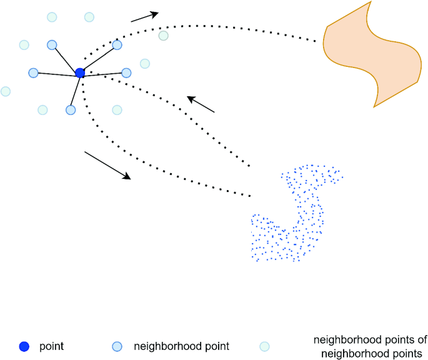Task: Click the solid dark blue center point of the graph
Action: (x=80, y=73)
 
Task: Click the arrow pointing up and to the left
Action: (x=201, y=104)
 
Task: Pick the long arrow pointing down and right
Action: (x=107, y=165)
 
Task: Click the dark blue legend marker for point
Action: (x=24, y=346)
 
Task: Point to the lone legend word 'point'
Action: (x=51, y=346)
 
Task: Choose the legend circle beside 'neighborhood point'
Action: (x=116, y=346)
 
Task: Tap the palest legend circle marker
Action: (x=264, y=346)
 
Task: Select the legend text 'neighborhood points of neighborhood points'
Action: (x=370, y=346)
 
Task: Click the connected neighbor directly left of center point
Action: (x=34, y=72)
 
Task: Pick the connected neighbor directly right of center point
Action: (x=126, y=72)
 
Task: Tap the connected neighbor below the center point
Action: (x=71, y=110)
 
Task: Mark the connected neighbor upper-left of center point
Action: (x=52, y=45)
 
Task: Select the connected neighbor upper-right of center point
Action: (x=117, y=45)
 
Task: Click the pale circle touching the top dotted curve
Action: (x=163, y=36)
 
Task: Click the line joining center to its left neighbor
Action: (x=56, y=73)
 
